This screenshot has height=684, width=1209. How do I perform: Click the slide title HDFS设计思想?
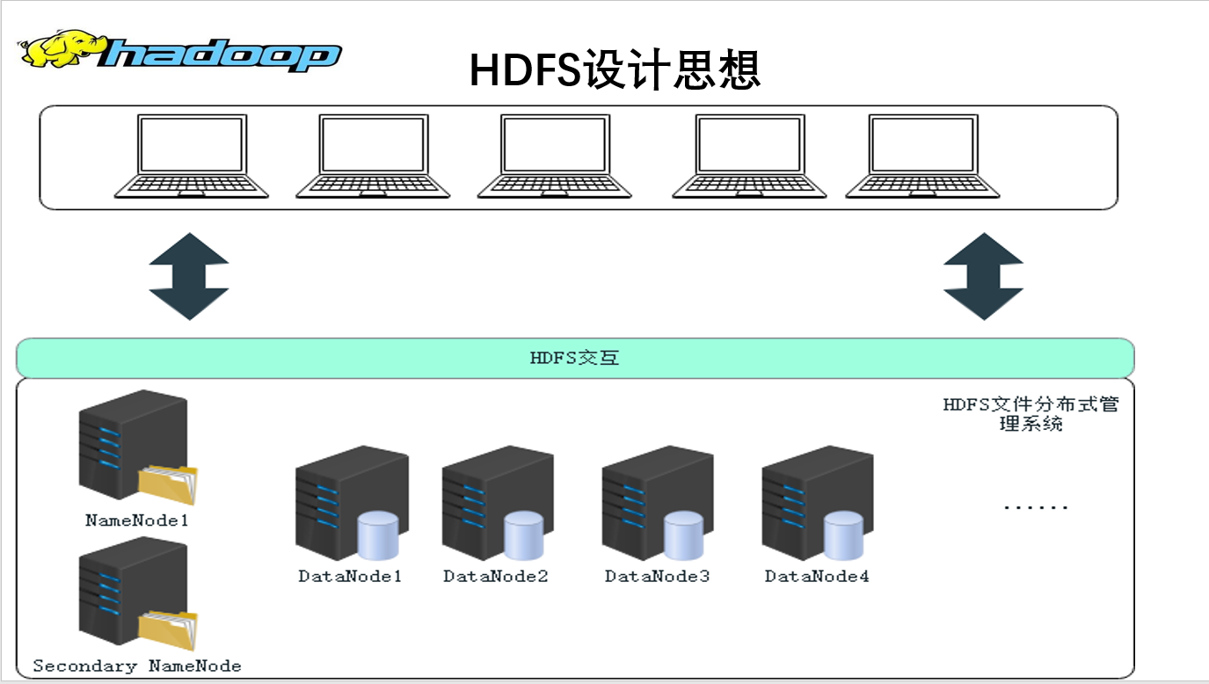[615, 70]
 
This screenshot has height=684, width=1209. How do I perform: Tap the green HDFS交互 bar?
[575, 358]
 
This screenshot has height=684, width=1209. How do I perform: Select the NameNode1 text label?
[137, 520]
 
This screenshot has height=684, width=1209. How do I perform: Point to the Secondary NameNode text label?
[137, 666]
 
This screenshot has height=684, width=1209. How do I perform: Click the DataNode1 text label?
[350, 577]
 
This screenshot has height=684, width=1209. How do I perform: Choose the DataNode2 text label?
[496, 577]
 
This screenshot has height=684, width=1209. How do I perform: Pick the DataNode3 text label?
[657, 577]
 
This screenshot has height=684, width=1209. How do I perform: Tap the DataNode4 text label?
[817, 577]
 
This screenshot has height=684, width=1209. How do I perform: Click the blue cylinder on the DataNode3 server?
[683, 535]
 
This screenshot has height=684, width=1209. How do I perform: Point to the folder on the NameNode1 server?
[168, 483]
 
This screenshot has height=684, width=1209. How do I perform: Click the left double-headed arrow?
[189, 276]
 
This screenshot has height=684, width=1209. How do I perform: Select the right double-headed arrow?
[983, 276]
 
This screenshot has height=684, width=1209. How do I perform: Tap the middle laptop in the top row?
[554, 156]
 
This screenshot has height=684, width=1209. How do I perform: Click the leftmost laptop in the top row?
[191, 156]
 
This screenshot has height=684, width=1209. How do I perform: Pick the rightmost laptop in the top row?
[922, 156]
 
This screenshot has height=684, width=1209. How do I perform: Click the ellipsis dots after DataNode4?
[1036, 507]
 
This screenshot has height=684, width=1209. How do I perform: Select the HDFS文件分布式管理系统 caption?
[1031, 414]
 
